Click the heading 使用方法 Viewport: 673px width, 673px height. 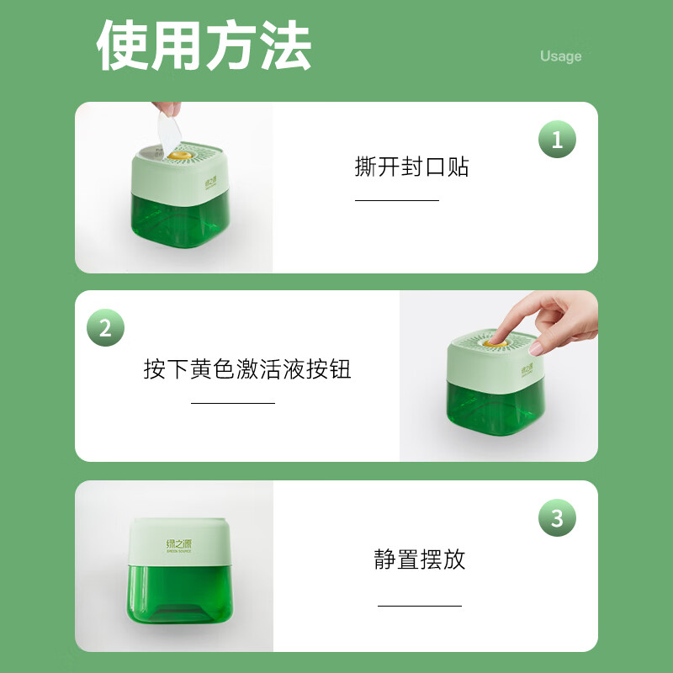pos(204,45)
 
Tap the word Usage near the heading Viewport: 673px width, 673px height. pos(560,56)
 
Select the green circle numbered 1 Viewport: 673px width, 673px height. pos(557,140)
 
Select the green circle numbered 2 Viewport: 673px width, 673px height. pos(105,328)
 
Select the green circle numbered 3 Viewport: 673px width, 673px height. pos(557,517)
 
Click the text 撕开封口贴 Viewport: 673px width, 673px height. pos(411,167)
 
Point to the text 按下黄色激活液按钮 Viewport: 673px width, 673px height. pos(247,369)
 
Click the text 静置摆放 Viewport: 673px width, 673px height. pos(420,559)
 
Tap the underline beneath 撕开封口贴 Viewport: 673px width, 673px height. pos(397,200)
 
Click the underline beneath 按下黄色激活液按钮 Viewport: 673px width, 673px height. pos(233,403)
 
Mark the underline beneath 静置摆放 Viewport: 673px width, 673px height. pos(420,605)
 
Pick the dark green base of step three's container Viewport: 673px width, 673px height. pos(179,601)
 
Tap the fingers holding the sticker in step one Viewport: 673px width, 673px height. pos(169,109)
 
